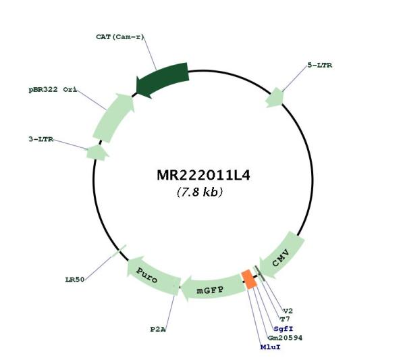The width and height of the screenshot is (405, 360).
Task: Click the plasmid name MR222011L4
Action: coord(204,176)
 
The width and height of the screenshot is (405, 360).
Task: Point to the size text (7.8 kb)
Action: coord(200,192)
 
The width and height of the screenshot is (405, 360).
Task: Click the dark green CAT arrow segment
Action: coord(162,79)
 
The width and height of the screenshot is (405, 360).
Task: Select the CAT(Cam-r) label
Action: coord(119,37)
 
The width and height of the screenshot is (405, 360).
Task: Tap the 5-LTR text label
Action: coord(319,66)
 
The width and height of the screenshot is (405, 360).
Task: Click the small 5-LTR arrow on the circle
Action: coord(275,98)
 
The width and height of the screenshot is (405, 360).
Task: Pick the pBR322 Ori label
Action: coord(53,90)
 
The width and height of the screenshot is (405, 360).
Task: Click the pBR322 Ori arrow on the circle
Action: coord(113,118)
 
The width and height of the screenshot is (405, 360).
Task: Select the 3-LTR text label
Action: coord(41,139)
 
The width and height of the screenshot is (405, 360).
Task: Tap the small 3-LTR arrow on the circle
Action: coord(97,153)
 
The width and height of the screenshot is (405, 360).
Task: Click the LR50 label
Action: coord(75,280)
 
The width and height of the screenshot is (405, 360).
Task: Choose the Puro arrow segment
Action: coord(153,276)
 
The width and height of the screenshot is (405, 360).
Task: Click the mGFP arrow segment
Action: coord(213,288)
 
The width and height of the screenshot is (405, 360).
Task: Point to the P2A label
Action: coord(158,330)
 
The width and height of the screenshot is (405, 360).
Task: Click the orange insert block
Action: coord(249,280)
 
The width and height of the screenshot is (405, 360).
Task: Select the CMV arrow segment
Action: coord(281,255)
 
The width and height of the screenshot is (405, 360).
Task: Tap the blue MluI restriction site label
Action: coord(270,346)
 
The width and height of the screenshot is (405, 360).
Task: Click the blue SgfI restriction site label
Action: coord(283,329)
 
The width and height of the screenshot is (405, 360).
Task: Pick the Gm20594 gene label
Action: coord(285,338)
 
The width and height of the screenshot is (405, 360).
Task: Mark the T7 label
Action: coord(285,319)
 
